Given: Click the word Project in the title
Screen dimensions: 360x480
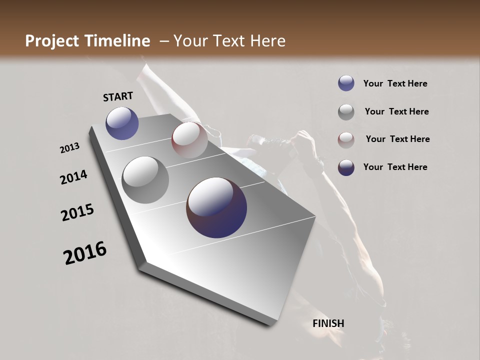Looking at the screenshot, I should point(49,41).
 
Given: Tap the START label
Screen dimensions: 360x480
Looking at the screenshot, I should point(118,96).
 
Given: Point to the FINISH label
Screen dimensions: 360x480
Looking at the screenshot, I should point(328,323).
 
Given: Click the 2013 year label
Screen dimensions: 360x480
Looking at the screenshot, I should point(69,148).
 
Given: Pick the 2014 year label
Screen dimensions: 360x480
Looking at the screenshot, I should point(73,177).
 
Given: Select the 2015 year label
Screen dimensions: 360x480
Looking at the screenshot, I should point(77,212).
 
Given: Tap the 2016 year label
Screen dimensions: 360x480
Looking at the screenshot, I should point(85,253).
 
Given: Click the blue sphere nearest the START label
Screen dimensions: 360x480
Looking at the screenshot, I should point(122,123).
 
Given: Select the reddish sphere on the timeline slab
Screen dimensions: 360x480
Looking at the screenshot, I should point(189,140).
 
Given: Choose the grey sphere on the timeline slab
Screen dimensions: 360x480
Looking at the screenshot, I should point(145,180).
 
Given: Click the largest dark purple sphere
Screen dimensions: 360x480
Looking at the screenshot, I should point(216,207).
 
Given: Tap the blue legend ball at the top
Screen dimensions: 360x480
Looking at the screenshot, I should point(346,83).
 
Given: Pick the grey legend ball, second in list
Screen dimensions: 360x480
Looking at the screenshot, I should point(346,111).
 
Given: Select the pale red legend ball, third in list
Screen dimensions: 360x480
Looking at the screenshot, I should point(346,139).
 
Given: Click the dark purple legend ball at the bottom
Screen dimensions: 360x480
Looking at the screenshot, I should point(346,167).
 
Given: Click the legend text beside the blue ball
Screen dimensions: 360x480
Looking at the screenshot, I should point(395,84).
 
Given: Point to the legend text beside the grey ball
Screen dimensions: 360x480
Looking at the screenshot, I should point(396,111).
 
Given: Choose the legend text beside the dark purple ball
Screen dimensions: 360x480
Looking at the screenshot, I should point(395,167).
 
